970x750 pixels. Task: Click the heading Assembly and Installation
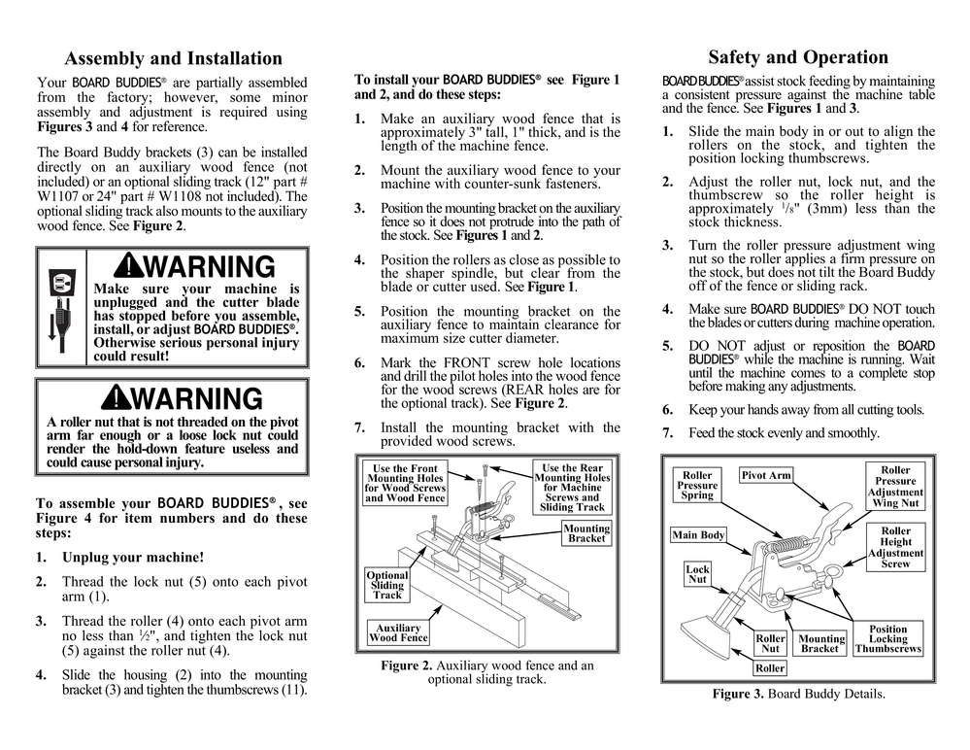pyautogui.click(x=173, y=59)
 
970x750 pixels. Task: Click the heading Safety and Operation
pyautogui.click(x=797, y=57)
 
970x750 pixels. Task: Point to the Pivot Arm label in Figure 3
pyautogui.click(x=766, y=476)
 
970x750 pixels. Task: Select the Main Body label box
pyautogui.click(x=698, y=535)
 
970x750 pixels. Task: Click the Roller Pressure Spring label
pyautogui.click(x=697, y=486)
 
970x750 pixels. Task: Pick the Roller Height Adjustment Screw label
pyautogui.click(x=895, y=548)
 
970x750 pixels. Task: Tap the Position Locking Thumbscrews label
pyautogui.click(x=887, y=639)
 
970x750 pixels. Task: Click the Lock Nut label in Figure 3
pyautogui.click(x=697, y=574)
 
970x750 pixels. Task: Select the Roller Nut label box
pyautogui.click(x=770, y=643)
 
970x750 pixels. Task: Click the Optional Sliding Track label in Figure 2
pyautogui.click(x=386, y=586)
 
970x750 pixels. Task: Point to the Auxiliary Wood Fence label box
pyautogui.click(x=398, y=633)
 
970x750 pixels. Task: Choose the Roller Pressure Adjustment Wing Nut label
pyautogui.click(x=895, y=487)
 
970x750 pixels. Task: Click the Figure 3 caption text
pyautogui.click(x=798, y=694)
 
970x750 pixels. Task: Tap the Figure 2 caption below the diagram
pyautogui.click(x=486, y=672)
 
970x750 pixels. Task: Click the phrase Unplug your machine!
pyautogui.click(x=133, y=559)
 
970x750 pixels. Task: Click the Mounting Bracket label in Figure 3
pyautogui.click(x=820, y=643)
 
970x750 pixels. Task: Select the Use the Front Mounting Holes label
pyautogui.click(x=405, y=483)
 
